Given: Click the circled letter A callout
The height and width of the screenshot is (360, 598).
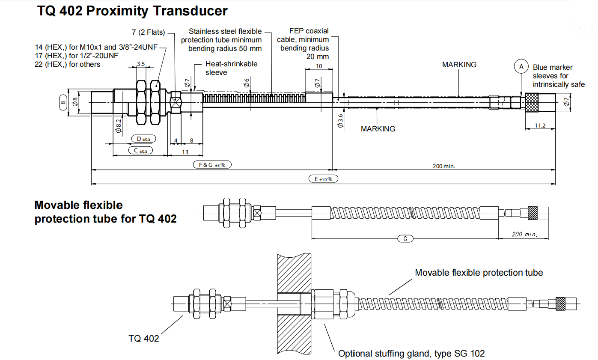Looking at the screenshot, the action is tap(521, 66).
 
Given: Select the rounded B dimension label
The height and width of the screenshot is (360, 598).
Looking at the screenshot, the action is tap(63, 102).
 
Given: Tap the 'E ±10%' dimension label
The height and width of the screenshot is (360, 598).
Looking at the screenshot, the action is tap(323, 179).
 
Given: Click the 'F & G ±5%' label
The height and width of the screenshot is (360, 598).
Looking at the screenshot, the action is tap(212, 165).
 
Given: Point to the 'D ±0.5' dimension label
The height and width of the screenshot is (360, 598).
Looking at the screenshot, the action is tap(144, 139).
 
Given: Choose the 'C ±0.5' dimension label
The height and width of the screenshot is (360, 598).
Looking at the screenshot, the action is tap(140, 151).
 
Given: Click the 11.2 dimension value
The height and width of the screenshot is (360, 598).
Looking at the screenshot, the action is tap(540, 125).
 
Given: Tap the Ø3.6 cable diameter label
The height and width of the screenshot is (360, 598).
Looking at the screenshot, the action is tap(340, 121).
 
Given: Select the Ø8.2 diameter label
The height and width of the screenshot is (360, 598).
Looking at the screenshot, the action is tap(118, 126).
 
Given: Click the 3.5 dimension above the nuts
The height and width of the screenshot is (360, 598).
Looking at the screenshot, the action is tap(141, 64).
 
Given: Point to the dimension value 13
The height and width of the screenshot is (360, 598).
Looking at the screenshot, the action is tap(185, 152).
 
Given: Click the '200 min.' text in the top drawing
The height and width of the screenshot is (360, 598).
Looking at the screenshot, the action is tap(444, 166).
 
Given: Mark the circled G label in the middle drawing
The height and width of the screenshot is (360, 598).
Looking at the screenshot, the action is tap(405, 238).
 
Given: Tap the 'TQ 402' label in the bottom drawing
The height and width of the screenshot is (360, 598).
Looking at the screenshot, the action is tap(144, 338).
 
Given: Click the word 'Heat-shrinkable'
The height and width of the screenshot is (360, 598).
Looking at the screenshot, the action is tap(231, 64).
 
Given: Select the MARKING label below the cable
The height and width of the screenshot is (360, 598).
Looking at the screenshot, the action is tap(378, 129).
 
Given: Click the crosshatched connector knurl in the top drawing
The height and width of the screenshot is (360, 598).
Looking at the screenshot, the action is tap(532, 103).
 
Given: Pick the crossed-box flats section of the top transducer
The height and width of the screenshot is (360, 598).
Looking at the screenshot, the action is tap(176, 102).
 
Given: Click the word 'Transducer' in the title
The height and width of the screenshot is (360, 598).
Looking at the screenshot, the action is tap(190, 11).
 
